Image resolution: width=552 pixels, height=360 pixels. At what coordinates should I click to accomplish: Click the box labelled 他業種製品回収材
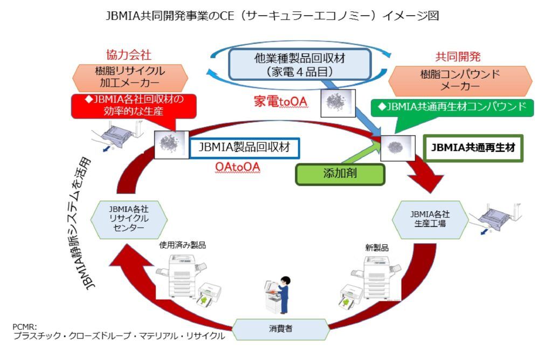tap(301, 64)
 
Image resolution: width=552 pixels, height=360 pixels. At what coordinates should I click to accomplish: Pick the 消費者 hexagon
tap(281, 328)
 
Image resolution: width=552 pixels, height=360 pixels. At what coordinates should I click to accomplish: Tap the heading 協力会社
tap(129, 55)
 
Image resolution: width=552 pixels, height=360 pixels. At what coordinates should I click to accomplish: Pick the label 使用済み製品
tap(182, 245)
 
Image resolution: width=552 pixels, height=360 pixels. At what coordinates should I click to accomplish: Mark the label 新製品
tap(377, 248)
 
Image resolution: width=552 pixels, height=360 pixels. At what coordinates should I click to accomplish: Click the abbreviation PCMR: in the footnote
tap(25, 327)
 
